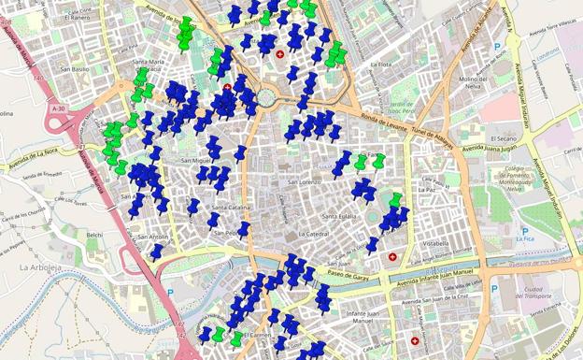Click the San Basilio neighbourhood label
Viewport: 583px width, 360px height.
74,68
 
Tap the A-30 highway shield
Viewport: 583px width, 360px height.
59,108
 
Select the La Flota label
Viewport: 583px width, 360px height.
380,65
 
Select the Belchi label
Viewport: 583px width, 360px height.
94,235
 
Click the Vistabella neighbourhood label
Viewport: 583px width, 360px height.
409,243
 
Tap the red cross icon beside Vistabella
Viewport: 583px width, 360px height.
392,256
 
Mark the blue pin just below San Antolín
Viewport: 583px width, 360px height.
157,251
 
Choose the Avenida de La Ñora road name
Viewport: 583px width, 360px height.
34,154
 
